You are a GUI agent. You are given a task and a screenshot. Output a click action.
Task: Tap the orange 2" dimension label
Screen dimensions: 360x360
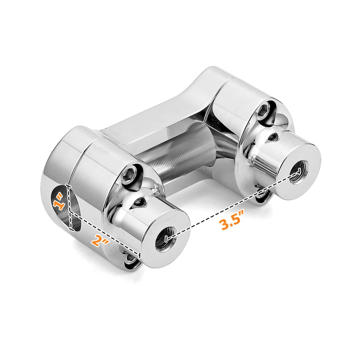coord(100,240)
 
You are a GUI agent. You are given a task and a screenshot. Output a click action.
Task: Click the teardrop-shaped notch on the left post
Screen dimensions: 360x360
coord(140,202)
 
